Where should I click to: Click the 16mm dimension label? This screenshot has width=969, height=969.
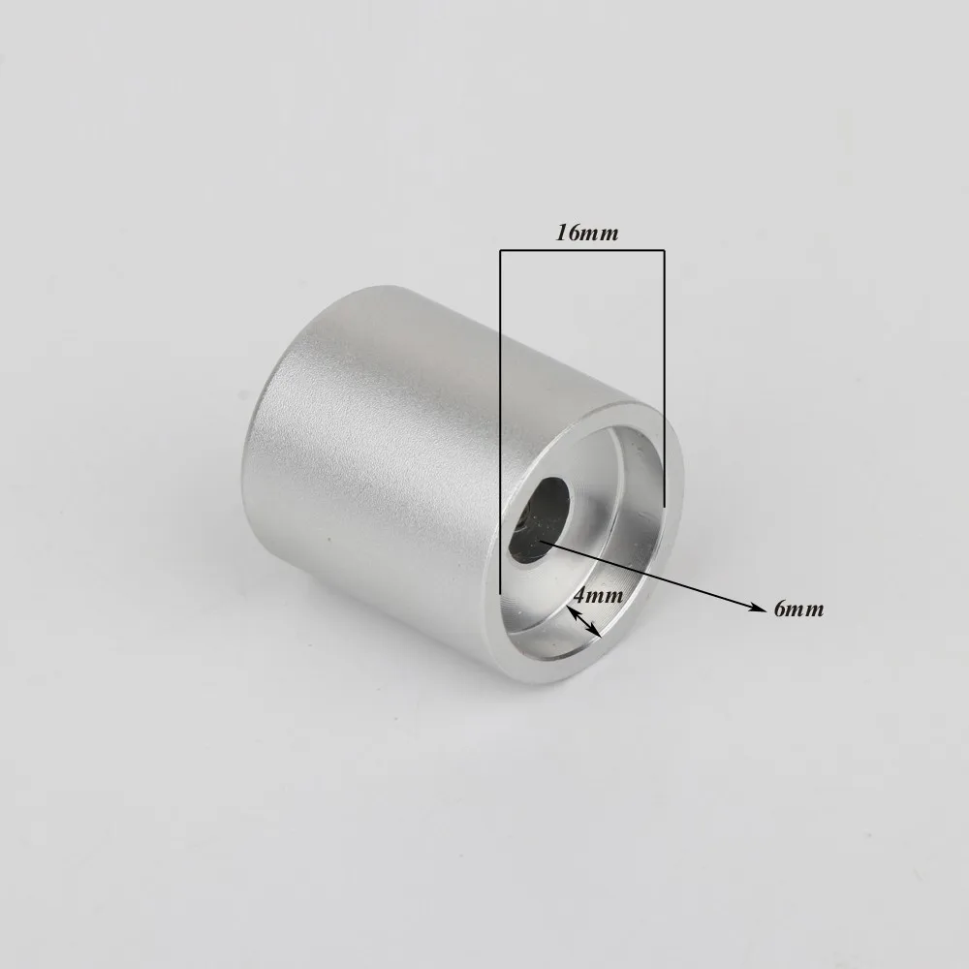click(586, 234)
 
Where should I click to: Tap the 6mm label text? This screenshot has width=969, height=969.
click(798, 610)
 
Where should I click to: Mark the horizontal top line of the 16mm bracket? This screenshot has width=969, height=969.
click(581, 251)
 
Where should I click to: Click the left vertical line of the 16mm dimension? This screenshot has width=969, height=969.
click(500, 417)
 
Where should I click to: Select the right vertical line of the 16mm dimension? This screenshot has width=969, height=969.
click(664, 378)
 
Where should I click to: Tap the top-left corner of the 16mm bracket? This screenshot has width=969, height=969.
click(500, 251)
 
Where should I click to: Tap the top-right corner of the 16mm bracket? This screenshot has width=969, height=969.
click(664, 251)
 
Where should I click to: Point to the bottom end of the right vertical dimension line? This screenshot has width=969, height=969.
click(664, 505)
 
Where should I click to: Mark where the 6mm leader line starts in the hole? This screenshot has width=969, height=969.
click(541, 542)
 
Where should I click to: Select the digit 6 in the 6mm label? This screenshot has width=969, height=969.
click(780, 610)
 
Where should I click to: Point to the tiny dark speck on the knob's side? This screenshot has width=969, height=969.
click(330, 543)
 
